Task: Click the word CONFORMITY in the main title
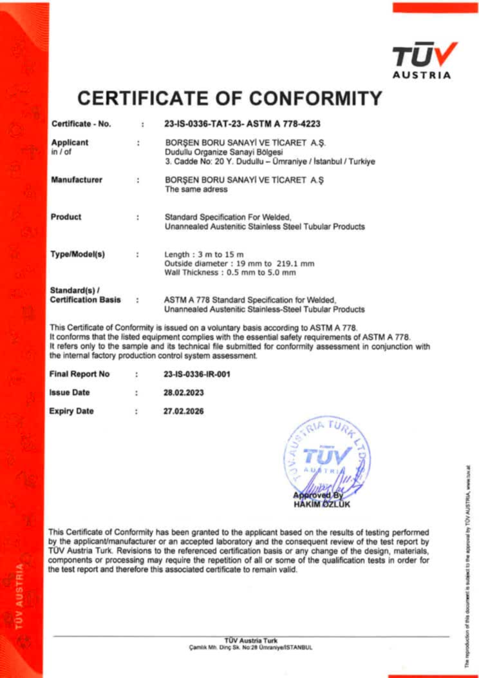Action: [316, 99]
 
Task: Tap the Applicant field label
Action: [70, 142]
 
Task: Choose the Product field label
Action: [66, 217]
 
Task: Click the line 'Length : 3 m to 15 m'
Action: [205, 255]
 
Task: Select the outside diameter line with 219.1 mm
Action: [239, 264]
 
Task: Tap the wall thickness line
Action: [230, 273]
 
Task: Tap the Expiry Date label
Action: [71, 411]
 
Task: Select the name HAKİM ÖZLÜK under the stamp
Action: [321, 505]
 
